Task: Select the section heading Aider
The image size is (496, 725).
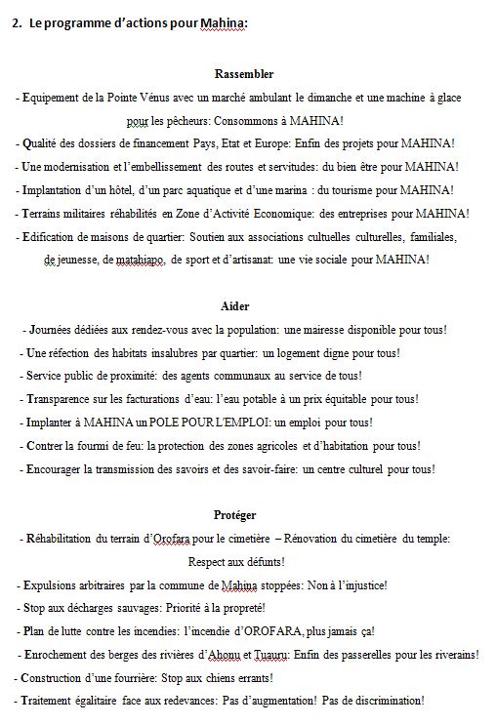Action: pyautogui.click(x=235, y=305)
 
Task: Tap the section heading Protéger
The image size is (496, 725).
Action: pyautogui.click(x=235, y=514)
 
